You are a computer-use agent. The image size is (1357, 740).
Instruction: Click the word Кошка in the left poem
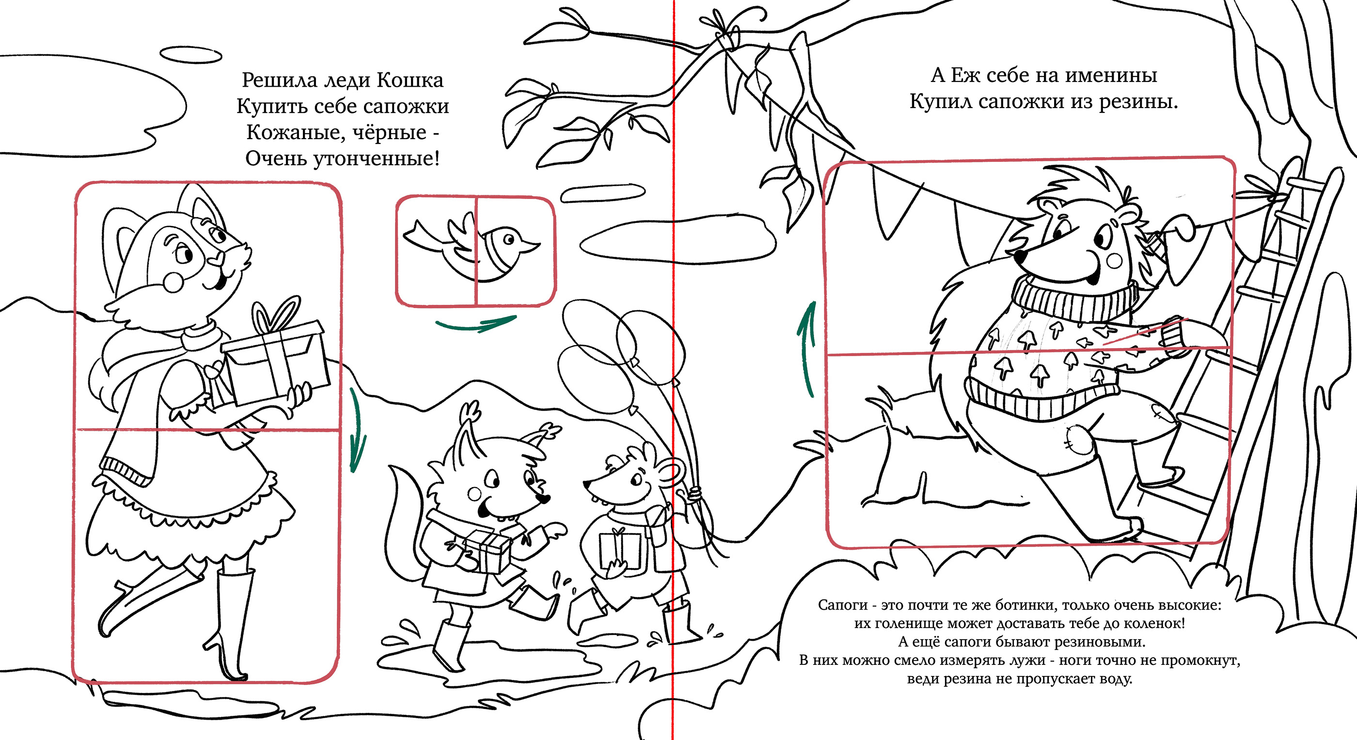pos(410,80)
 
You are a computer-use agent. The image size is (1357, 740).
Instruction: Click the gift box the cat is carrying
pos(275,363)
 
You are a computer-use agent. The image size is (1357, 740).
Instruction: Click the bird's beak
pos(531,245)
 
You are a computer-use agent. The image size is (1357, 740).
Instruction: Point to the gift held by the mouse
pos(620,551)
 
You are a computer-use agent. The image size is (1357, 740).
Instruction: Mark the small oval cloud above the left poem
pos(190,55)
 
